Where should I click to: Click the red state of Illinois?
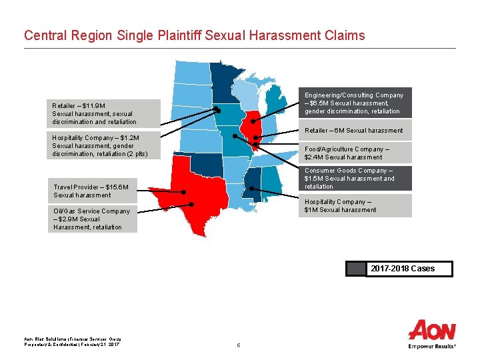(249, 127)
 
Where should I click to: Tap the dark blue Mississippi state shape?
(252, 183)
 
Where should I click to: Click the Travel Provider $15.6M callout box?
(94, 191)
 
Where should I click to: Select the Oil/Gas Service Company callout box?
(94, 219)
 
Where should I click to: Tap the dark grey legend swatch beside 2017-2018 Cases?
(357, 269)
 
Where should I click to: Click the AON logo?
(431, 331)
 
